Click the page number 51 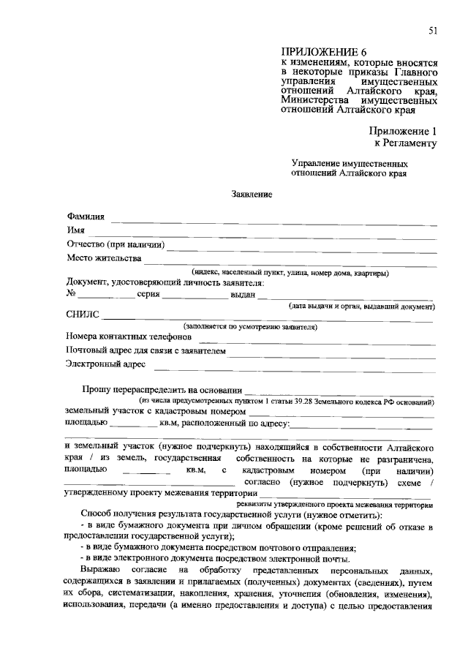pyautogui.click(x=432, y=29)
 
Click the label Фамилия pyautogui.click(x=86, y=217)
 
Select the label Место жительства pyautogui.click(x=102, y=258)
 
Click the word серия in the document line pyautogui.click(x=148, y=294)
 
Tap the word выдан pyautogui.click(x=242, y=294)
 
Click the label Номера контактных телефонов pyautogui.click(x=129, y=338)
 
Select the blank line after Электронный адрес pyautogui.click(x=293, y=366)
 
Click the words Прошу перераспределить pyautogui.click(x=140, y=391)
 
